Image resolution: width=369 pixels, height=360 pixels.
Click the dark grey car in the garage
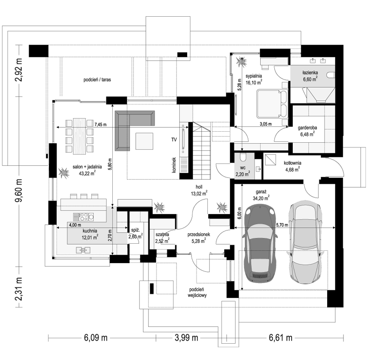(x=260, y=243)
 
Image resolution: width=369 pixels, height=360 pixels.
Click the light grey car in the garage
(x=305, y=243)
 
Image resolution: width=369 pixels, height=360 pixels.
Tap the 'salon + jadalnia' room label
(x=87, y=167)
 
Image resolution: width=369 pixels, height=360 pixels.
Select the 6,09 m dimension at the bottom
(x=96, y=338)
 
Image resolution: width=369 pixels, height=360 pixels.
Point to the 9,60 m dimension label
(x=18, y=190)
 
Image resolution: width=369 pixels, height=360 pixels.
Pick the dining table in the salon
(x=79, y=136)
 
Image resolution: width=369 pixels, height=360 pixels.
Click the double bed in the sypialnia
(x=272, y=103)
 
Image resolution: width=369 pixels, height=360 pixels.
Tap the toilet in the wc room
(x=242, y=156)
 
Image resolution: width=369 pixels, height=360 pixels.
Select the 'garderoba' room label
(x=307, y=128)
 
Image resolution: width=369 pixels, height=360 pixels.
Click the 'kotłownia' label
(x=292, y=163)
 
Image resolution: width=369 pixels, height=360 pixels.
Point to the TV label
(x=174, y=140)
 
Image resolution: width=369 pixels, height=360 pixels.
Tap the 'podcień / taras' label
(x=97, y=80)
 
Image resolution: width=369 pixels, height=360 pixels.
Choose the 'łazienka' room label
(x=310, y=73)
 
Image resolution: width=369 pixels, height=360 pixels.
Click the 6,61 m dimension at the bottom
(x=281, y=338)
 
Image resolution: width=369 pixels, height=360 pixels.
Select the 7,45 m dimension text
(x=100, y=124)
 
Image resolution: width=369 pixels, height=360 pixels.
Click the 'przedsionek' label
(x=199, y=234)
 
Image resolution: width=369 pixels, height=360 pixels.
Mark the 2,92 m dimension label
(x=18, y=70)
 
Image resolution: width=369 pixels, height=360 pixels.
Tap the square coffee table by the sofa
(x=144, y=141)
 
